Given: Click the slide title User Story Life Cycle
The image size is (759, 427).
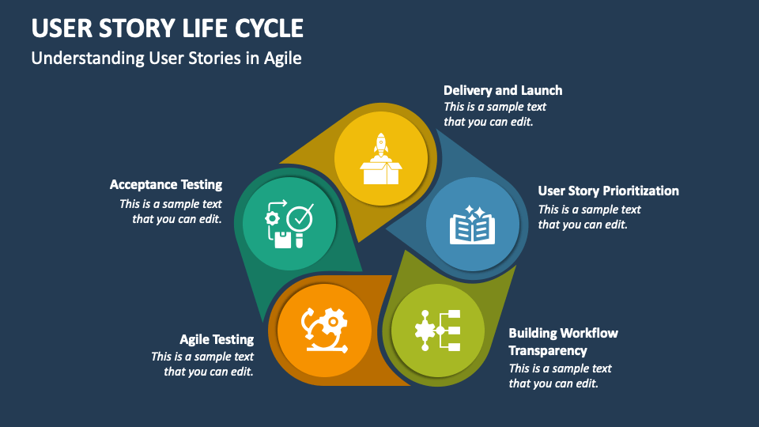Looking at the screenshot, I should tap(168, 28).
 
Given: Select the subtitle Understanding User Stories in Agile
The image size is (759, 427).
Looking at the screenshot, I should tap(166, 59).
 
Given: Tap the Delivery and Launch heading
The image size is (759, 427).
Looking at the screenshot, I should tap(503, 90).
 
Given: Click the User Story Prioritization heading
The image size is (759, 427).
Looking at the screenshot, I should tap(608, 191).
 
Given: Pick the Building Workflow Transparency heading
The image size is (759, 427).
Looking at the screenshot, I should tap(563, 342).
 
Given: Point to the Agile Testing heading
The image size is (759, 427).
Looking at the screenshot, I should tap(217, 339).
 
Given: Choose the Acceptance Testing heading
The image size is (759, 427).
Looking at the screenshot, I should tap(166, 184).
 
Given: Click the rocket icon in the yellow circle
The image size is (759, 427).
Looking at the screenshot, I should tap(380, 146).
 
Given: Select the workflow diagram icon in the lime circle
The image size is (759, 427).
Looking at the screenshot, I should tap(438, 330).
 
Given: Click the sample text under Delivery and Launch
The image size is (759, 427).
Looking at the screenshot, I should tap(495, 114).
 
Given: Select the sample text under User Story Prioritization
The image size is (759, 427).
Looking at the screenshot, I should tap(589, 217).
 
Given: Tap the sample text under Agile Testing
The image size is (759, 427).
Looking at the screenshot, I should tap(202, 364).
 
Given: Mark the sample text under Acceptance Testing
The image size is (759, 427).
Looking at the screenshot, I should tap(171, 211).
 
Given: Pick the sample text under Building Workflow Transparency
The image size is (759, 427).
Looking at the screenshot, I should tap(560, 376).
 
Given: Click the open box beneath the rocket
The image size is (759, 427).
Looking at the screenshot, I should tap(380, 172).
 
